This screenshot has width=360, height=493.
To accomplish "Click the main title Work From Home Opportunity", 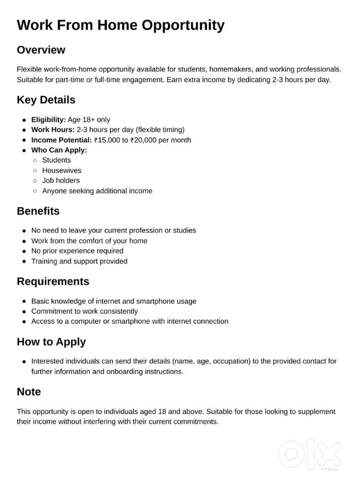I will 120,25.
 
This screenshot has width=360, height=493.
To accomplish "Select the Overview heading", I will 41,50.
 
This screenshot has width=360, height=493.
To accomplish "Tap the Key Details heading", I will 46,100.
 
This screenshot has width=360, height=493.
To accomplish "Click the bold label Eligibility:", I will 48,119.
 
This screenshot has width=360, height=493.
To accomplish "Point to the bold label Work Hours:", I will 53,130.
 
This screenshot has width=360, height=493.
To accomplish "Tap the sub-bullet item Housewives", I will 62,170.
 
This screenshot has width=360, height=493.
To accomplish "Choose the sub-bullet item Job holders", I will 61,181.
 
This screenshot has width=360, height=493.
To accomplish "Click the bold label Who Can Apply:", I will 59,150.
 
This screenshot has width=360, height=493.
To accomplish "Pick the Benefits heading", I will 38,211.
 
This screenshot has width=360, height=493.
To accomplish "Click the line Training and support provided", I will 79,261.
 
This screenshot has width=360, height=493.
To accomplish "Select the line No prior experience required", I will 77,251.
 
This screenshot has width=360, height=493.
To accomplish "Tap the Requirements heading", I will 53,281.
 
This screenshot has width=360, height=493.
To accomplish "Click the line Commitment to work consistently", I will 84,311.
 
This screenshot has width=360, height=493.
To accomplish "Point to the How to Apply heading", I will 51,342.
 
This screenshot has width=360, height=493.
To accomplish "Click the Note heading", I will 29,392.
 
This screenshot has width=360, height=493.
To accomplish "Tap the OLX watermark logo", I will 310,455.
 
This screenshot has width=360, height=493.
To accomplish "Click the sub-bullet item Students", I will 56,160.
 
